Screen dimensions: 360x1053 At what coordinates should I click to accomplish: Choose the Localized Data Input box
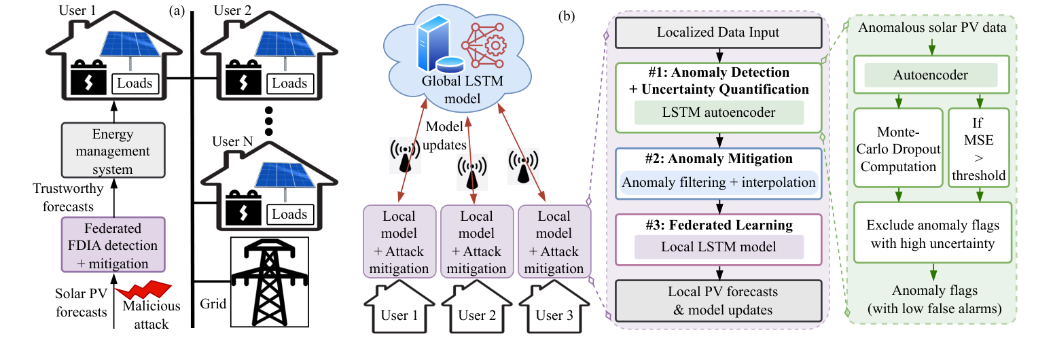tap(717, 33)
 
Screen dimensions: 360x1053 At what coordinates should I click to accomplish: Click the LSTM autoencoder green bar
tap(717, 113)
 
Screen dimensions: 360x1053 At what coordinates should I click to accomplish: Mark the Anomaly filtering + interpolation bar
tap(717, 182)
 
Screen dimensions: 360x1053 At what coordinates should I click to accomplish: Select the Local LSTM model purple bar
tap(717, 247)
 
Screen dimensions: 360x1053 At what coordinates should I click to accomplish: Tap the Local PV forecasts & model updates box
tap(717, 300)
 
